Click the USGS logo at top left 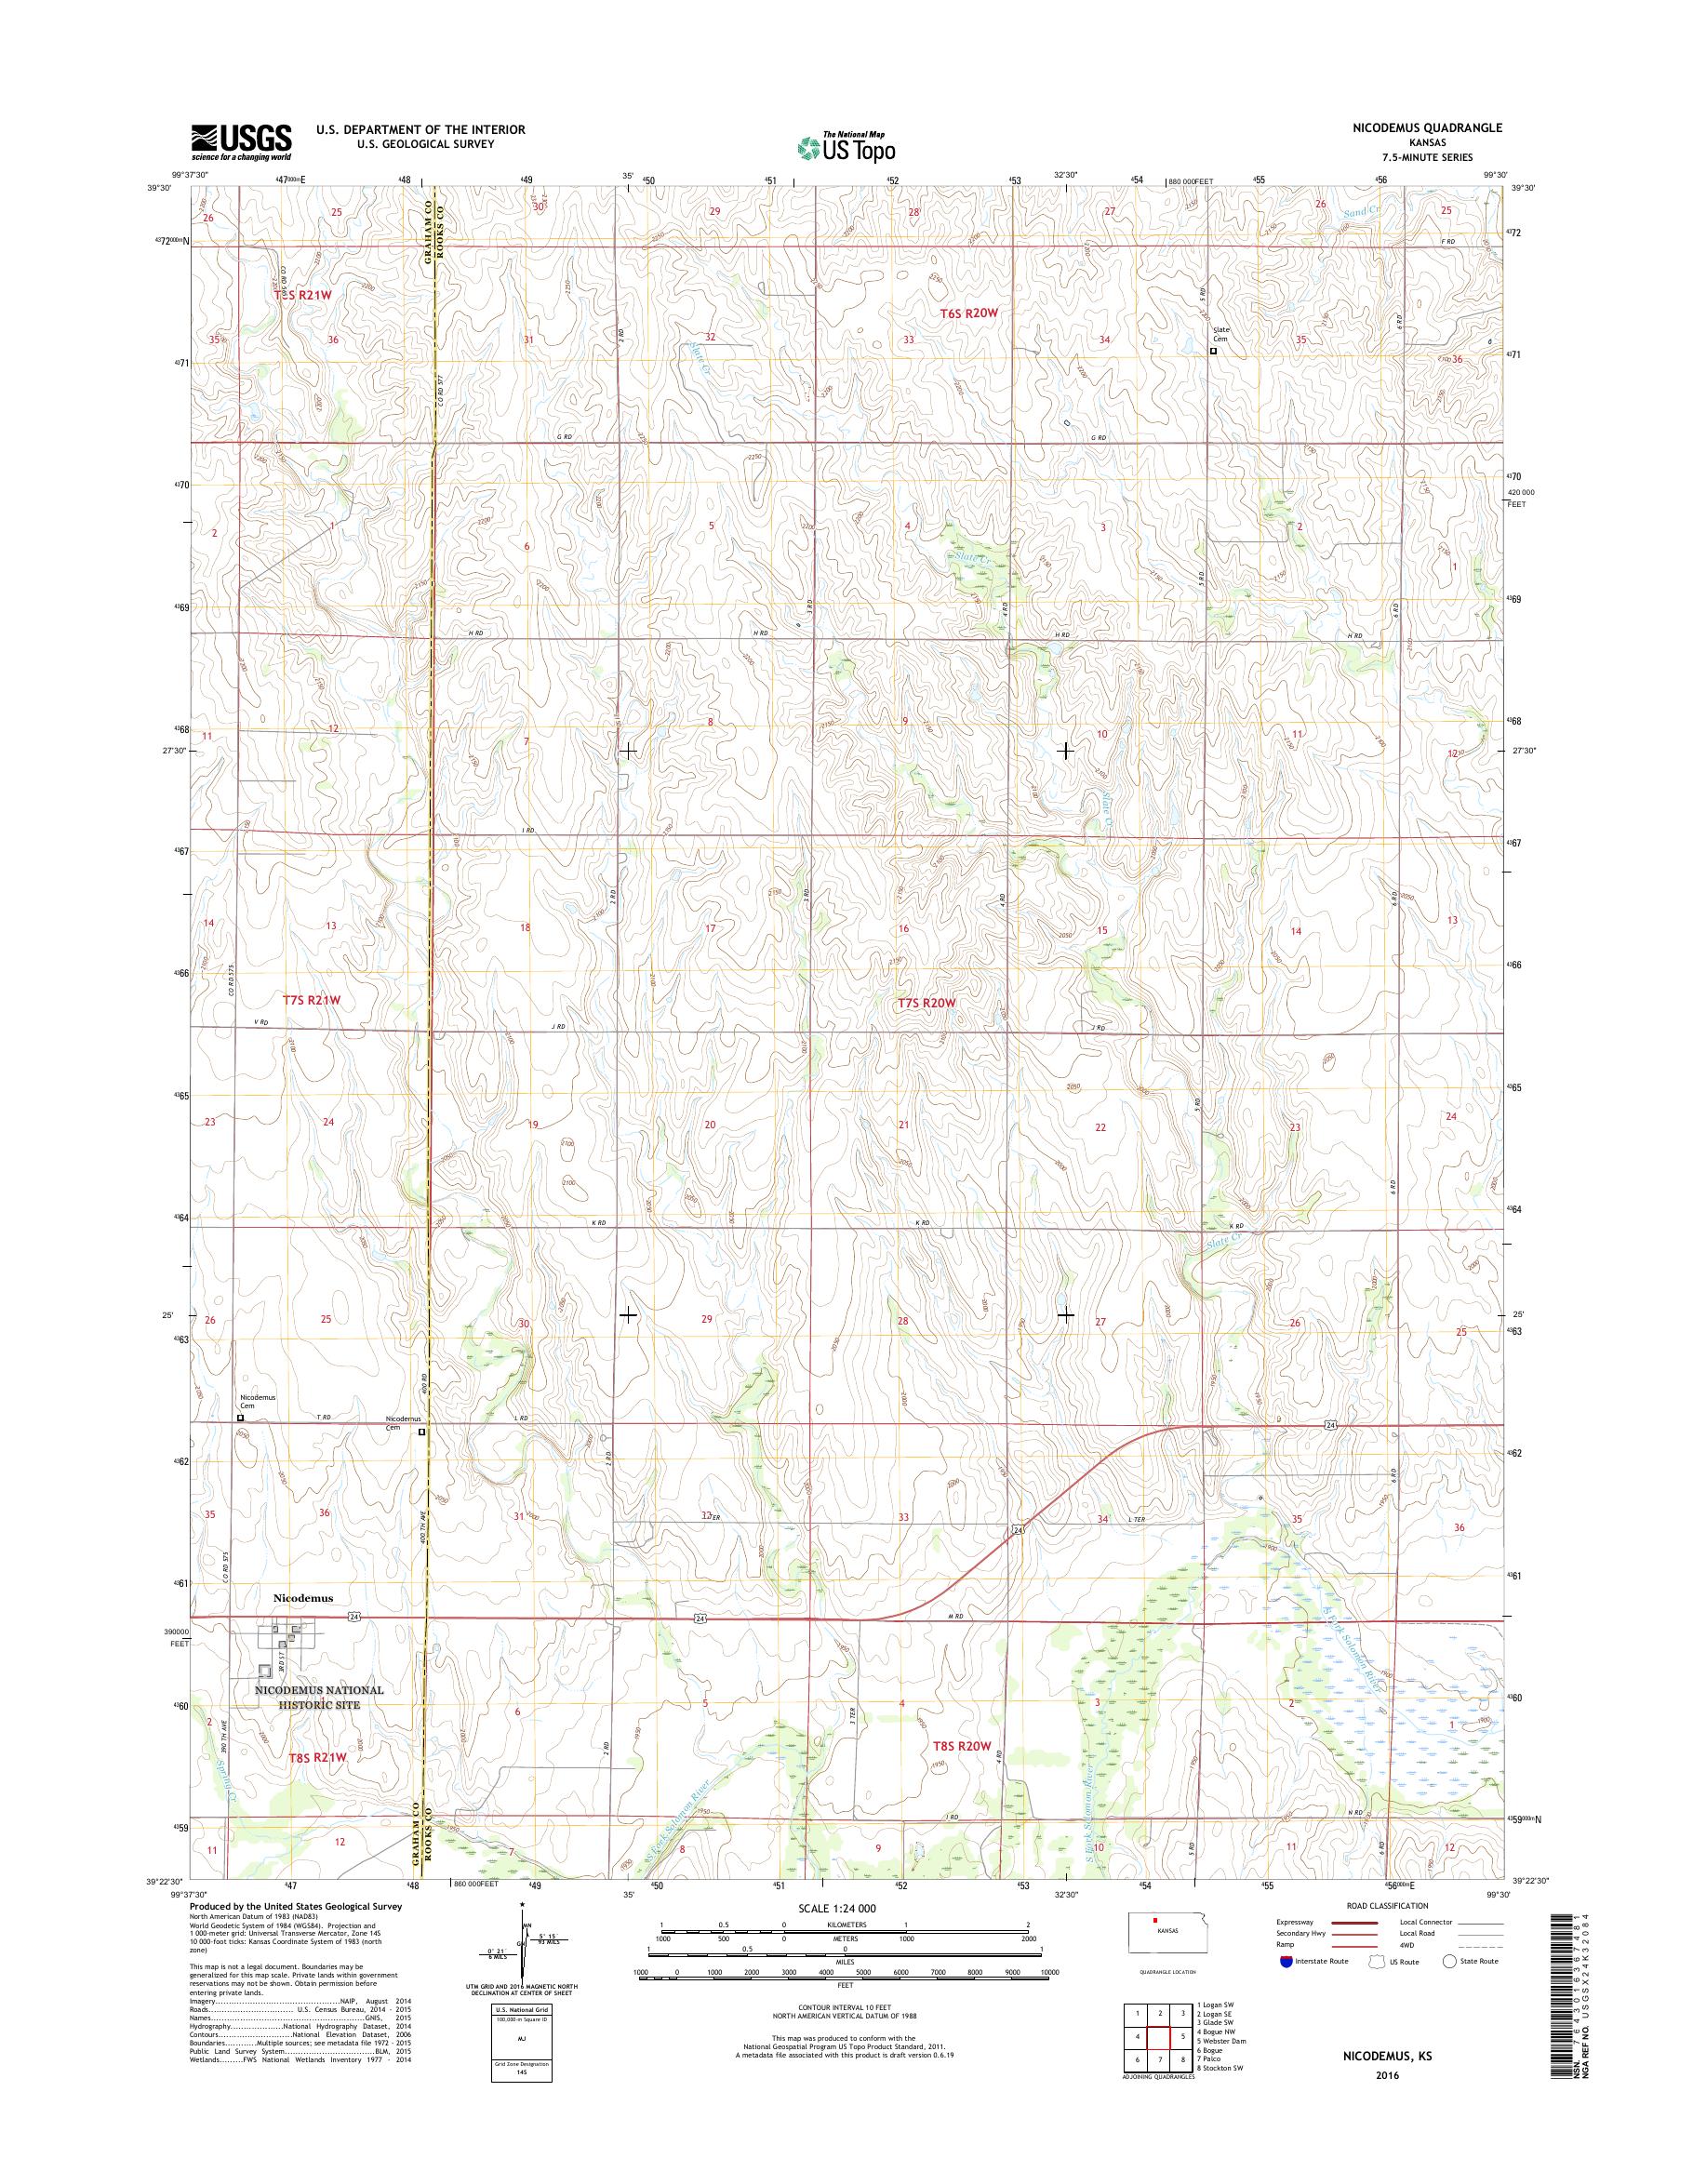241,142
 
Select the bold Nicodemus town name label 303,1598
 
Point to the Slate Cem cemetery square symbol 1212,350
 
